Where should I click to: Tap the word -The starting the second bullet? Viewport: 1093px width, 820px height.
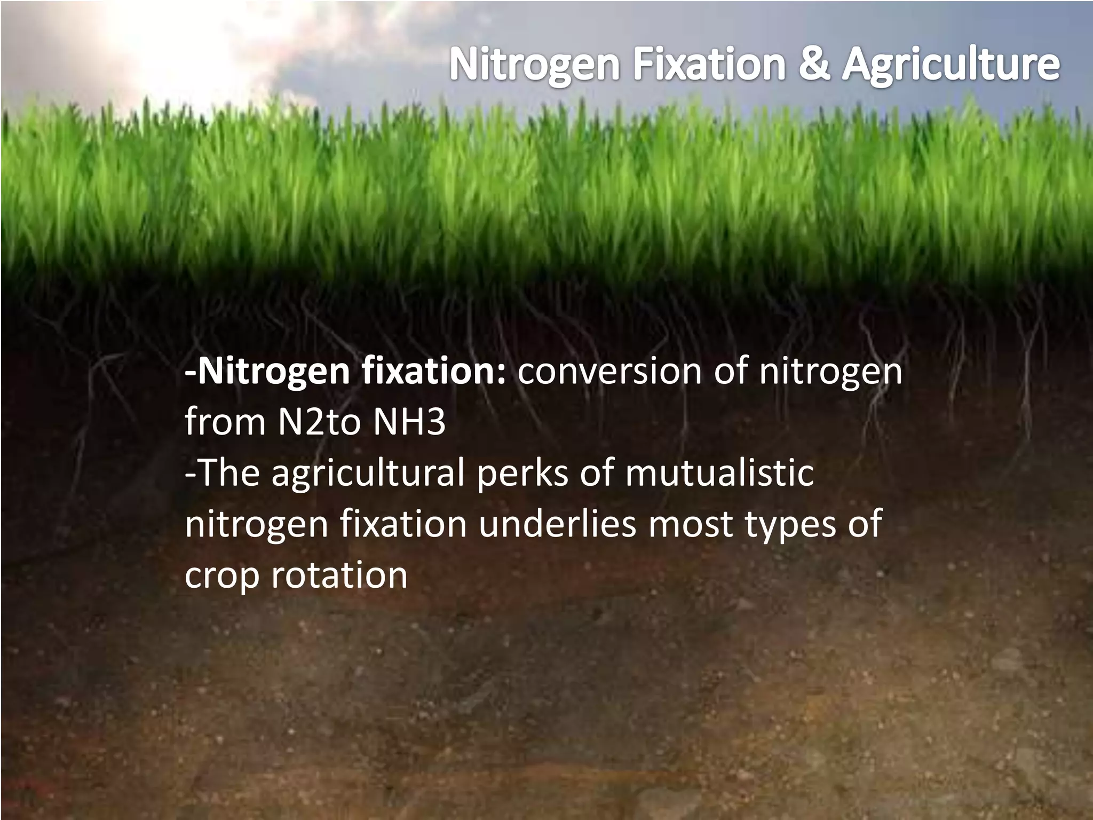coord(222,473)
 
